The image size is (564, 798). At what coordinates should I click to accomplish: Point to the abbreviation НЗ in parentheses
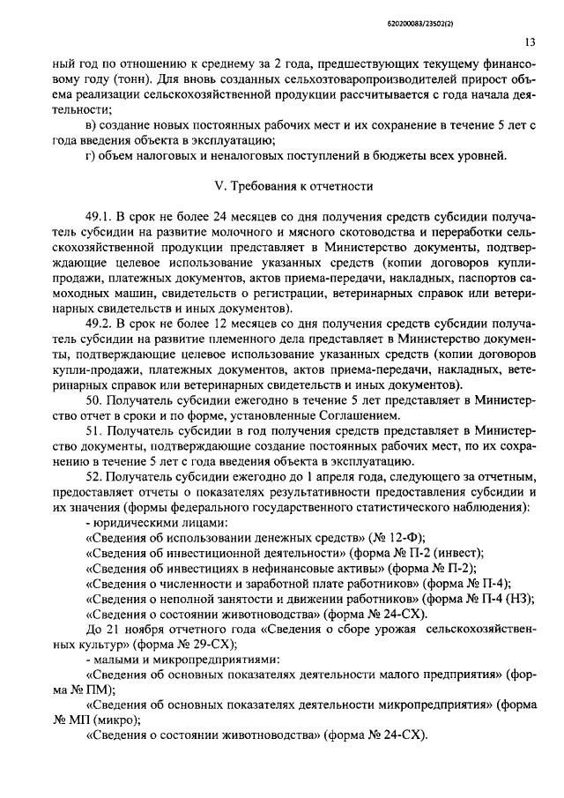click(x=520, y=599)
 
